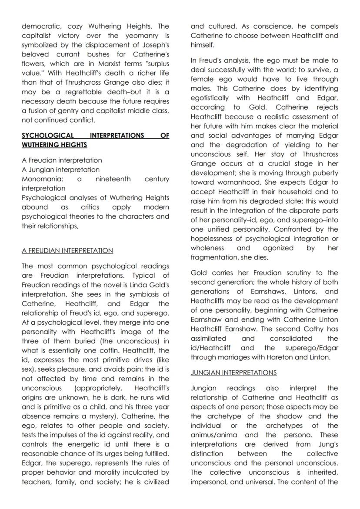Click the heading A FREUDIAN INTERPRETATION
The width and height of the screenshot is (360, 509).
click(x=67, y=251)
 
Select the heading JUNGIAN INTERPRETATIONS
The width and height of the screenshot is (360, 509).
click(x=233, y=373)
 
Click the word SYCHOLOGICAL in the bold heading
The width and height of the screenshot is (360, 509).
click(x=48, y=136)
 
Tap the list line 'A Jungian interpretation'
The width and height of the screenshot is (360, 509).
click(x=60, y=170)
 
